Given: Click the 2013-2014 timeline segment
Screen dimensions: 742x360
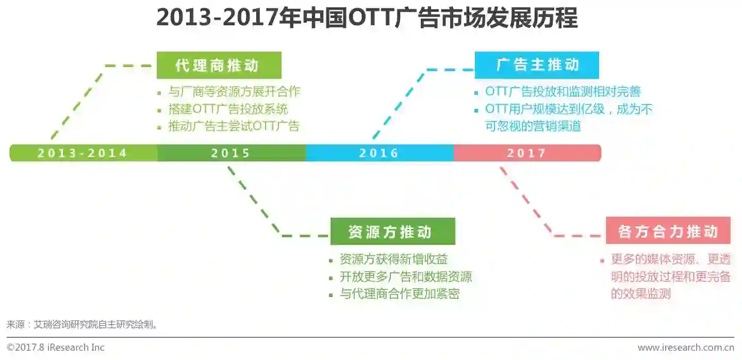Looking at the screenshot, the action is point(83,153).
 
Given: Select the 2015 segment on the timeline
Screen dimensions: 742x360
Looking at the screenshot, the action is point(230,153).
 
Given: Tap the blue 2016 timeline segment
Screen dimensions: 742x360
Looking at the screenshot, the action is point(379,153).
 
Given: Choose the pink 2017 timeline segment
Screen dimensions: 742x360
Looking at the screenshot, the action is point(526,153).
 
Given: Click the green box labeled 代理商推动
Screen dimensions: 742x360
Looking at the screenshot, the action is point(219,66).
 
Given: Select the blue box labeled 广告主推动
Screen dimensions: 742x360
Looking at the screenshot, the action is point(537,65).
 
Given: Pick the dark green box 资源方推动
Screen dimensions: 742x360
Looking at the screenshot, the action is point(392,232).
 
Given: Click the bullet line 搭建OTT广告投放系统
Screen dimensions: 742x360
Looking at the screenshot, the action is point(228,109).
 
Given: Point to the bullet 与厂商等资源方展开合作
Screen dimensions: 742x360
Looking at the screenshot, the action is point(234,92).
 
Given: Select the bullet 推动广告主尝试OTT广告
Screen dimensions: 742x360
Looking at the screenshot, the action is point(234,126).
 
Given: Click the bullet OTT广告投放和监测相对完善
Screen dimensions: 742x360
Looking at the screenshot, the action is point(563,92).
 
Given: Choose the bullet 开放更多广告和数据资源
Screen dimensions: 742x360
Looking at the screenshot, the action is point(405,276).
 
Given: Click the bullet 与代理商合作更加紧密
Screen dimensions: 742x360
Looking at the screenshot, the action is point(399,293).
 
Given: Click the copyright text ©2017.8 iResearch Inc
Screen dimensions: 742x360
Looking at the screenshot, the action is point(56,348).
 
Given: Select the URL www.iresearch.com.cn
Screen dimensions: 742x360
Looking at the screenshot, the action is point(685,348).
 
